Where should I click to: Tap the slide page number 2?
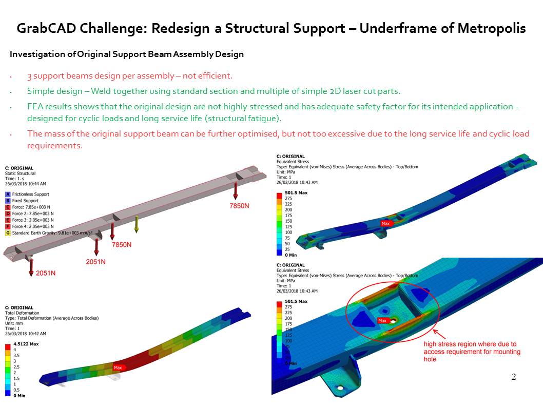(x=514, y=377)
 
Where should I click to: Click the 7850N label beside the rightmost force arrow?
(x=239, y=206)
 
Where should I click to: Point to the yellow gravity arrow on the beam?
(x=137, y=224)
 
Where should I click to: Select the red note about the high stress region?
(x=472, y=352)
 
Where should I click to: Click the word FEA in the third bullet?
(x=35, y=107)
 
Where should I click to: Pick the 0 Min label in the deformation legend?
(x=19, y=395)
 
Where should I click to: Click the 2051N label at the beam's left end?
(x=46, y=273)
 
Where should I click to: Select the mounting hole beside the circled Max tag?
(x=393, y=321)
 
